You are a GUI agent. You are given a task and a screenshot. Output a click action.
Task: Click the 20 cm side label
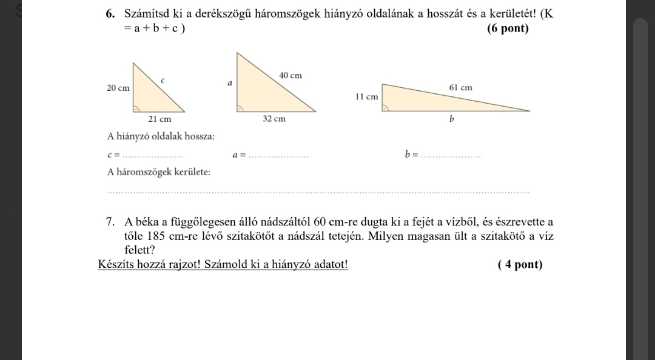pos(118,88)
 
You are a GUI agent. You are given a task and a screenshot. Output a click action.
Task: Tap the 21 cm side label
pos(160,119)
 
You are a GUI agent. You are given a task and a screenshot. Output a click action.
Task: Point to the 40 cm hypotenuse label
pos(290,76)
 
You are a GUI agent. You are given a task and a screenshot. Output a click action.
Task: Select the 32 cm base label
pos(274,119)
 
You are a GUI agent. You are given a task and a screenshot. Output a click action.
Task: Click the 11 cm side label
pos(366,96)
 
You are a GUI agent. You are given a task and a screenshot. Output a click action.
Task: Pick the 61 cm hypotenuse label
pos(460,88)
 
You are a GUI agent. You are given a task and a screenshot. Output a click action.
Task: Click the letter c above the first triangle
pos(163,79)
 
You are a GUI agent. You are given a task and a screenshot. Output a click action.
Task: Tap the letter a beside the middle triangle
pos(230,82)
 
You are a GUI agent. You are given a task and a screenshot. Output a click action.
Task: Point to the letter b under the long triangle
pos(451,119)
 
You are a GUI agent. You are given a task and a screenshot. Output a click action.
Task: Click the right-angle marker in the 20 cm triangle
pos(137,108)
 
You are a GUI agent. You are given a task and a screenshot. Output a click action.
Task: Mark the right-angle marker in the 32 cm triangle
pos(240,108)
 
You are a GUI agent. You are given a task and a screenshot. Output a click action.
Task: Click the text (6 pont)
pos(508,29)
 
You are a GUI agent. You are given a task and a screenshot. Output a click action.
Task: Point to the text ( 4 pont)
pos(520,265)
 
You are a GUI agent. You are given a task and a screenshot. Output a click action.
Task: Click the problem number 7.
pos(110,222)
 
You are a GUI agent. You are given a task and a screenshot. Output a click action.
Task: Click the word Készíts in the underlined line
pos(115,265)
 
